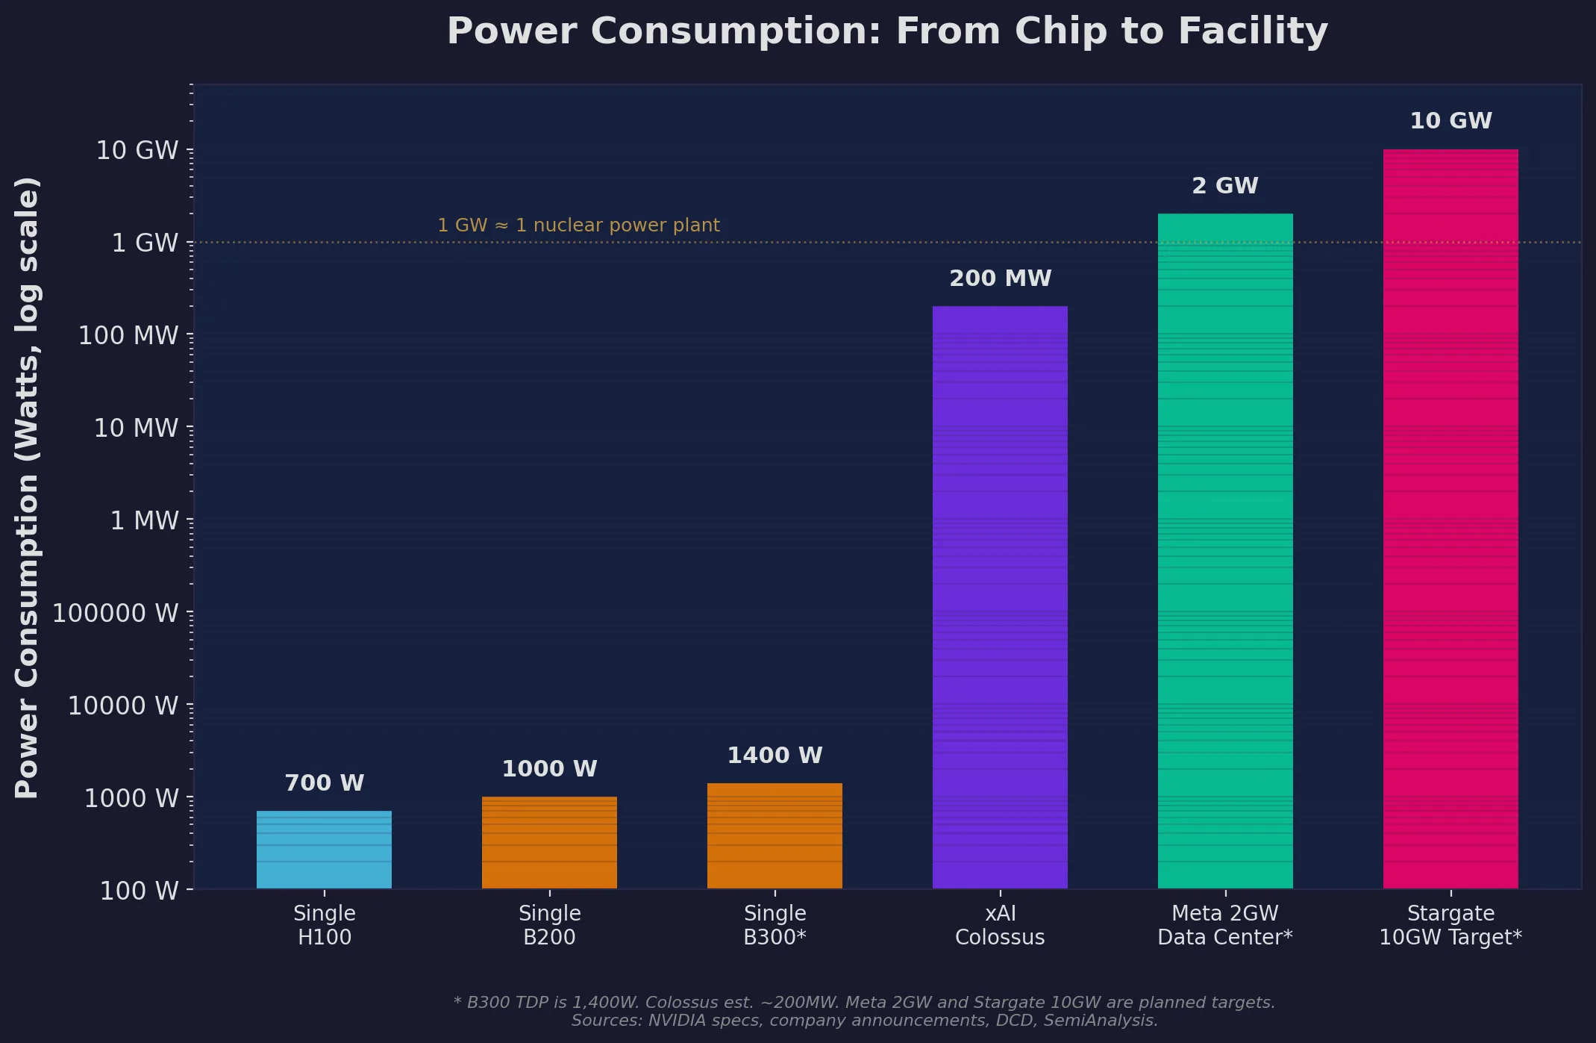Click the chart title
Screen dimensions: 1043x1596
[x=887, y=31]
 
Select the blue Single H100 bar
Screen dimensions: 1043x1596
[x=324, y=850]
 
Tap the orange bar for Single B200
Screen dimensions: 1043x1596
[x=549, y=842]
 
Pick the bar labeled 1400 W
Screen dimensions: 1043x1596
[x=774, y=835]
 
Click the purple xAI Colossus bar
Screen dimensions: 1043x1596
[x=1000, y=597]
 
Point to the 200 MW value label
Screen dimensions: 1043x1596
[x=1000, y=278]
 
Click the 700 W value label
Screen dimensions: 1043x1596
[x=324, y=783]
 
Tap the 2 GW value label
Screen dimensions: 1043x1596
[x=1225, y=186]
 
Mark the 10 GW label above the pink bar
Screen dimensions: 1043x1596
[x=1451, y=121]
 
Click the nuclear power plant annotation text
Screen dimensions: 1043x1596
[x=578, y=225]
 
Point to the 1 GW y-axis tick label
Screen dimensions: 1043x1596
[x=145, y=243]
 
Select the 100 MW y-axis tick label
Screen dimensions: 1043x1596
[x=128, y=335]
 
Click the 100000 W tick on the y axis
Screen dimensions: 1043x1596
[x=116, y=613]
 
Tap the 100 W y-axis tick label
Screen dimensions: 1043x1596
[x=139, y=891]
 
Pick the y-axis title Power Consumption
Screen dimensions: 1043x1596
[x=27, y=488]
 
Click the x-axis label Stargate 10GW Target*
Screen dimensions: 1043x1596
[x=1451, y=925]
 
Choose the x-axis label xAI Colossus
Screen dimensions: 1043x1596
[x=1000, y=925]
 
